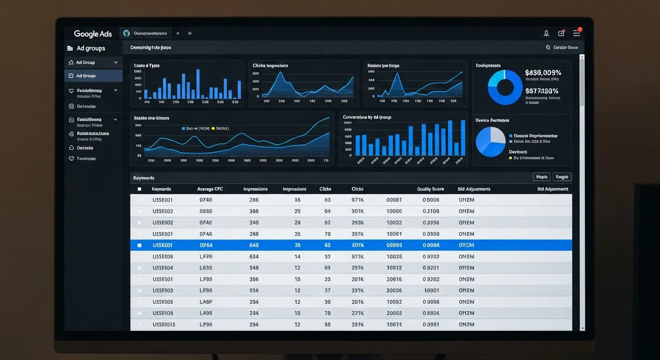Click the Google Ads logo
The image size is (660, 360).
[x=93, y=34]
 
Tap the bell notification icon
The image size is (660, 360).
[x=546, y=33]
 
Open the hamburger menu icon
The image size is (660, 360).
[x=577, y=33]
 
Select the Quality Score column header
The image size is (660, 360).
[x=430, y=189]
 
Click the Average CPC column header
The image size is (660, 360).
[x=210, y=189]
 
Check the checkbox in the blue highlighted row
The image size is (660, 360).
[x=139, y=245]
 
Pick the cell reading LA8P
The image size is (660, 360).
[x=206, y=302]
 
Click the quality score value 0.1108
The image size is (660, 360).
[x=431, y=211]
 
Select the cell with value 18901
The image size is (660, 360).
[x=431, y=291]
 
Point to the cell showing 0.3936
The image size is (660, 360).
[x=431, y=223]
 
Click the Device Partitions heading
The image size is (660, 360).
[x=492, y=120]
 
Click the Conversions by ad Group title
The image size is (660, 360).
[x=367, y=117]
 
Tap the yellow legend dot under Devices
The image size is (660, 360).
[x=510, y=158]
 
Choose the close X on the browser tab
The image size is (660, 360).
[x=178, y=34]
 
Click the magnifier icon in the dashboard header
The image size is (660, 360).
[x=548, y=47]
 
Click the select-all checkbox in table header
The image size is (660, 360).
[x=139, y=189]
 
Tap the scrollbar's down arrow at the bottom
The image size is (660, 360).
[x=582, y=329]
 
